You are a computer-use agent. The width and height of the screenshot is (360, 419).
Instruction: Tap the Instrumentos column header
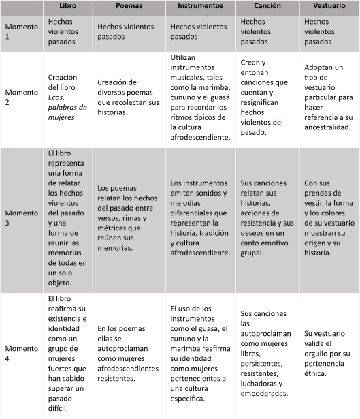click(200, 6)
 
